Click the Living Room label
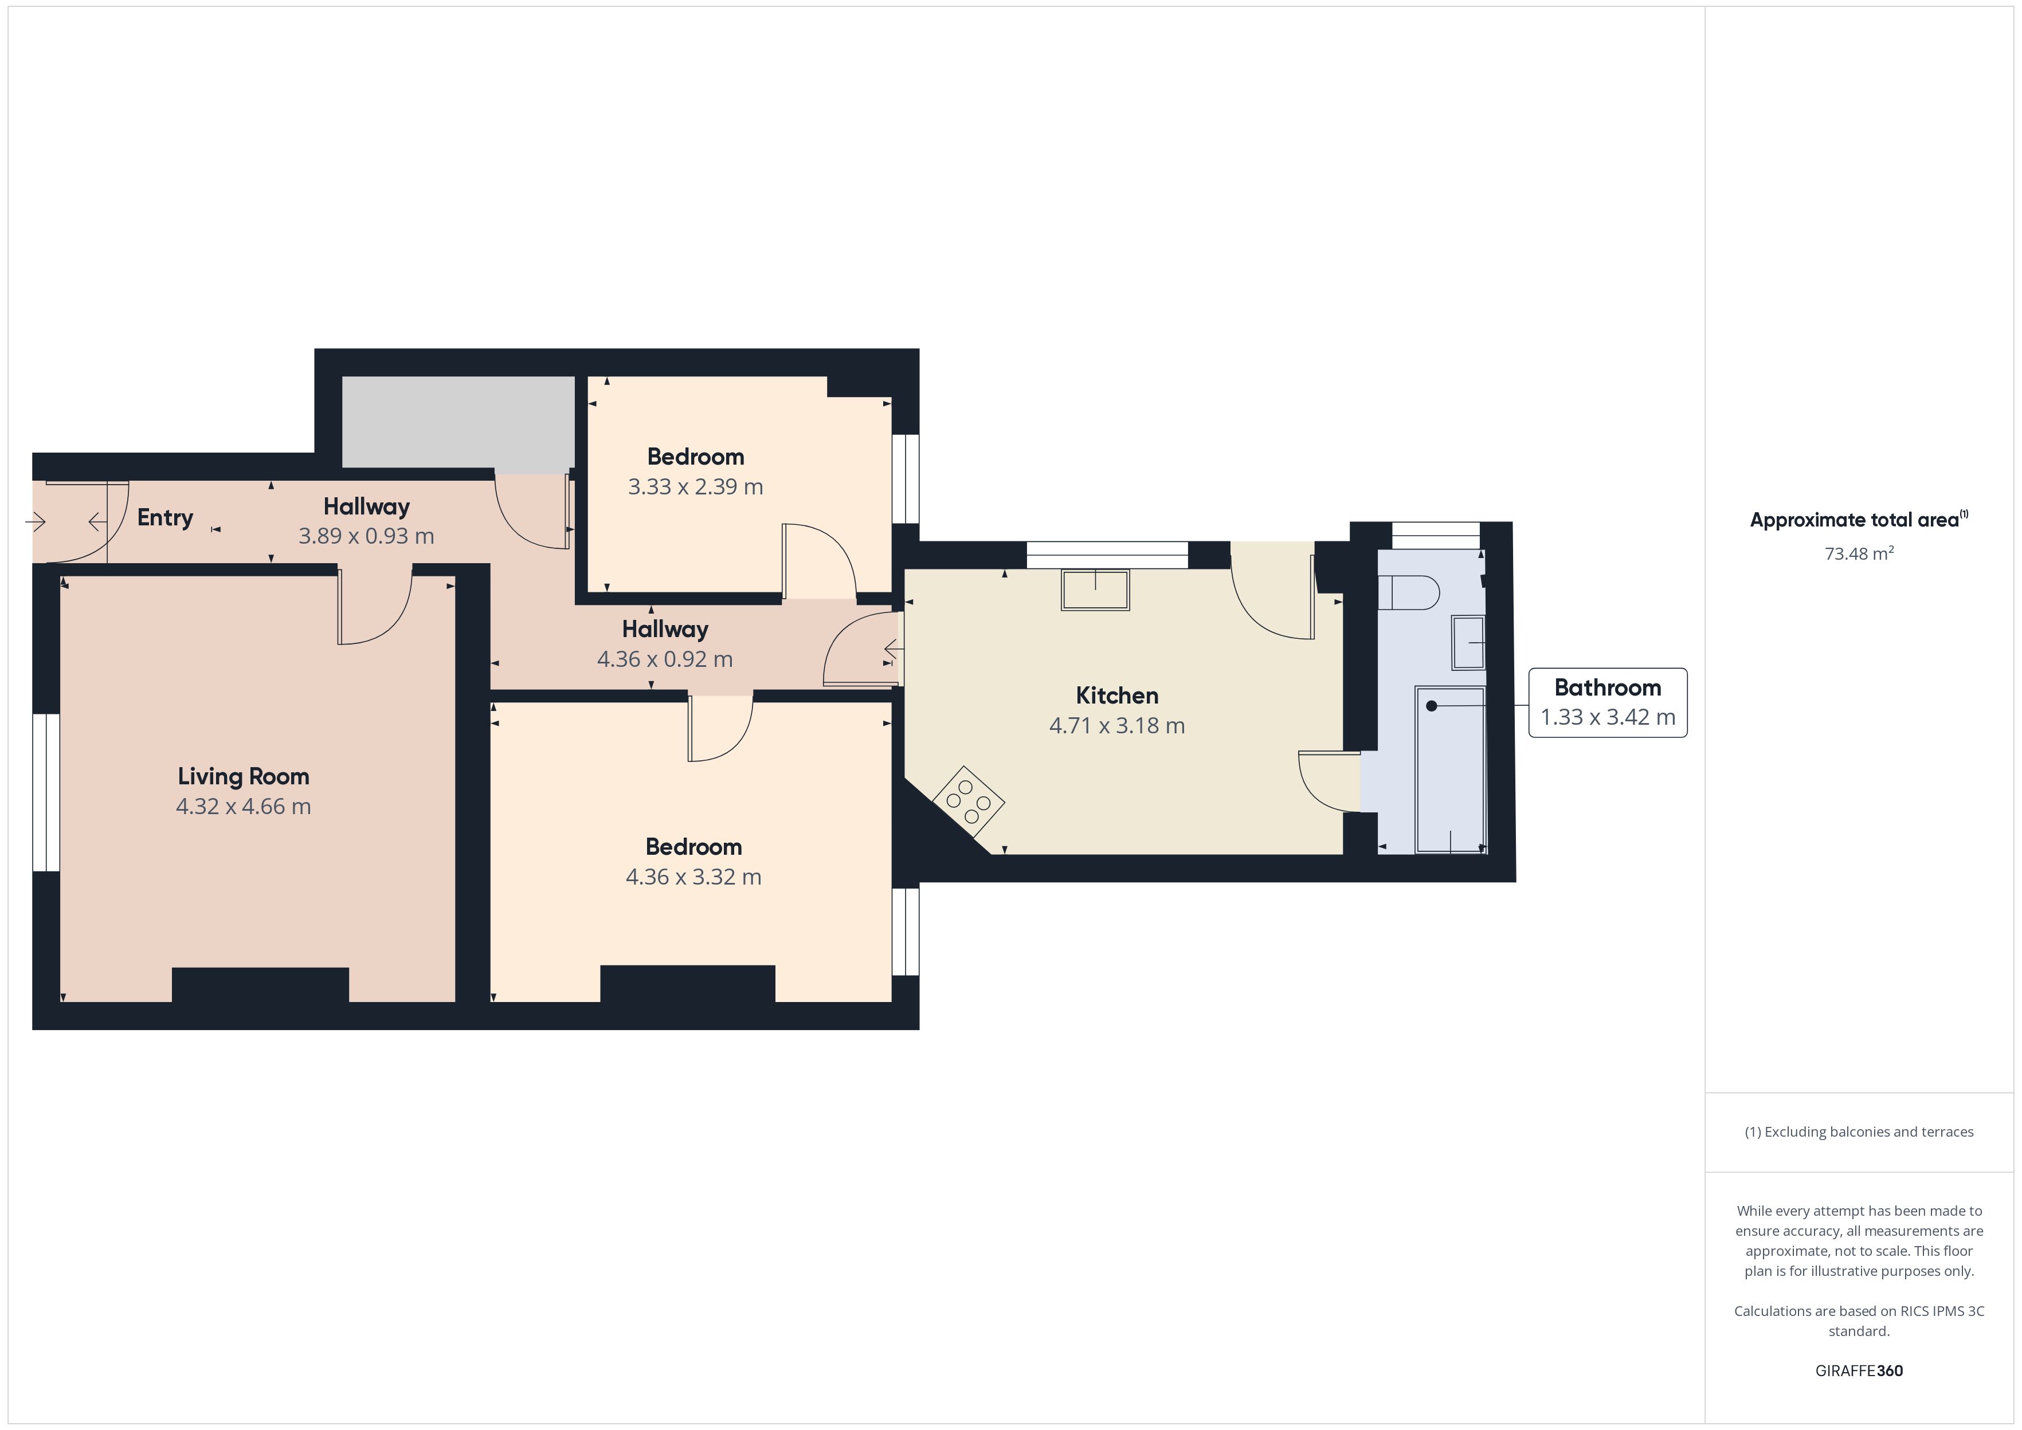tap(243, 777)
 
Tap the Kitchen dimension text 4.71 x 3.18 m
tap(1116, 725)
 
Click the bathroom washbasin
tap(1468, 643)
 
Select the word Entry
tap(164, 518)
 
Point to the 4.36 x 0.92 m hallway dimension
tap(665, 659)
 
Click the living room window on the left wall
tap(46, 792)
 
